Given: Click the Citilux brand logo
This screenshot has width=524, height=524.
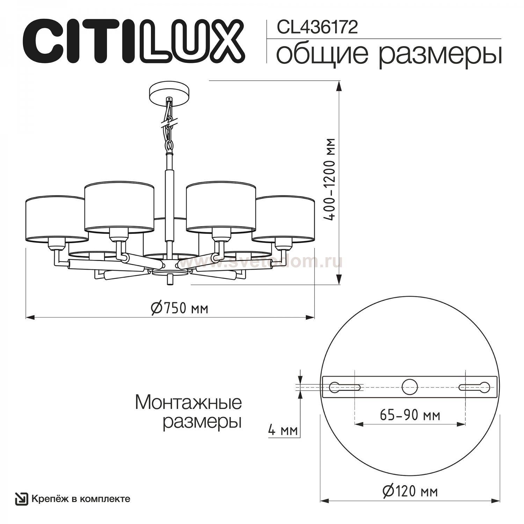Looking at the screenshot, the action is tap(134, 41).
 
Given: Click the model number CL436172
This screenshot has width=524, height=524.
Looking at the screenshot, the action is tap(317, 28).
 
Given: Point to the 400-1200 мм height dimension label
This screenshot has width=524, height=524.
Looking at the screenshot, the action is tap(329, 179).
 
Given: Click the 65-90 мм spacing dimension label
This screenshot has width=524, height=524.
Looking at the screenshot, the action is tap(410, 415).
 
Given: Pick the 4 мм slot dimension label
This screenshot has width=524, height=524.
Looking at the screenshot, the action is tap(283, 430).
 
